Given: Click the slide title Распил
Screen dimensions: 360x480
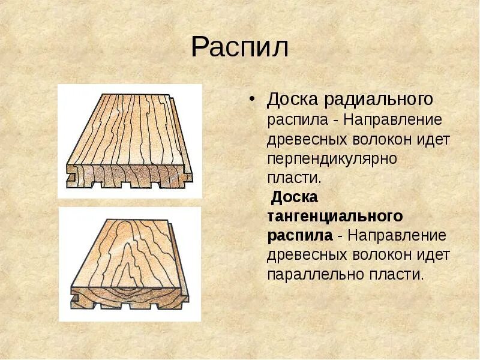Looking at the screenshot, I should tap(239, 47).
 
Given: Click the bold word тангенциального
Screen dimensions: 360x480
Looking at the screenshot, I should tap(335, 215).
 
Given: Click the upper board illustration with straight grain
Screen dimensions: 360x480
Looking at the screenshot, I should tap(130, 141).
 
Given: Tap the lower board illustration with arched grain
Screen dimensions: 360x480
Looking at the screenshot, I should tap(130, 264).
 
